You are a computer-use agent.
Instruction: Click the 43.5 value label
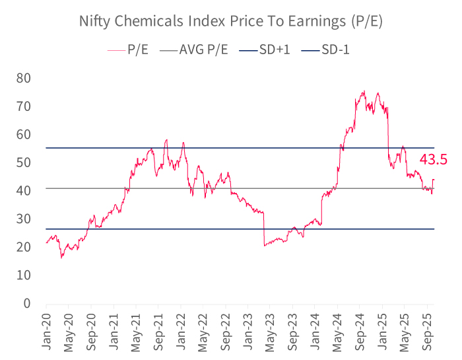tap(434, 159)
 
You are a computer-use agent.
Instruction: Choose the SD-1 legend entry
tap(335, 50)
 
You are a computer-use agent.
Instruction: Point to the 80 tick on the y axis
tap(24, 78)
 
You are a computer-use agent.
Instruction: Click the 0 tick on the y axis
tap(28, 304)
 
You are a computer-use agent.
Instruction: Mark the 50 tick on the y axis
tap(24, 162)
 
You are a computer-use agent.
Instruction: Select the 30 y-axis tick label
tap(24, 219)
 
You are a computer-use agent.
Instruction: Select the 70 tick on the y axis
tap(24, 106)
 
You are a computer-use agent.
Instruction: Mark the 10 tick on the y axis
tap(24, 275)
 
